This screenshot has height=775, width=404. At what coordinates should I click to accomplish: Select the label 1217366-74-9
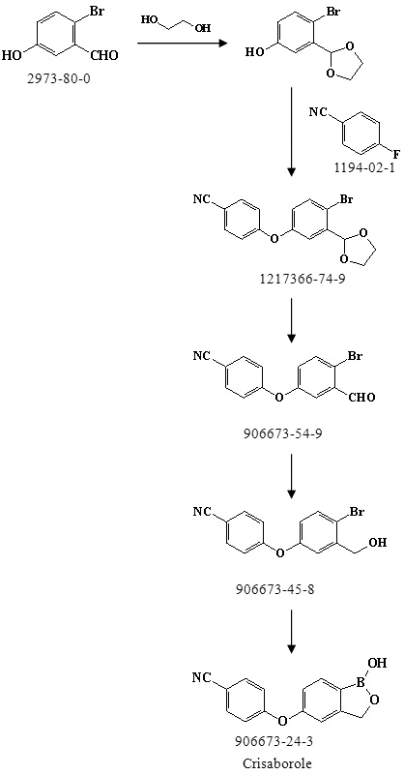click(291, 280)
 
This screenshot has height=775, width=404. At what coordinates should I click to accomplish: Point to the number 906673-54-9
click(291, 434)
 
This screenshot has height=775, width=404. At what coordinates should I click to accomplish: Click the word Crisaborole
click(277, 763)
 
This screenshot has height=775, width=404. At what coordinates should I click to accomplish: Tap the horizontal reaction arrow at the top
click(182, 44)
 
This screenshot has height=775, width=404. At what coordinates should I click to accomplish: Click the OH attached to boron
click(377, 663)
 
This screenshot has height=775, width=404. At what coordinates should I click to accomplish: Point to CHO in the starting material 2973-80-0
click(104, 55)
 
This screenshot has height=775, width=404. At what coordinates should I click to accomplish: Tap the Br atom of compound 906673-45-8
click(356, 512)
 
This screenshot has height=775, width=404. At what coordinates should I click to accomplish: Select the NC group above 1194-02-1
click(318, 111)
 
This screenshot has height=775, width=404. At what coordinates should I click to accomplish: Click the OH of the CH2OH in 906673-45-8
click(378, 543)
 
